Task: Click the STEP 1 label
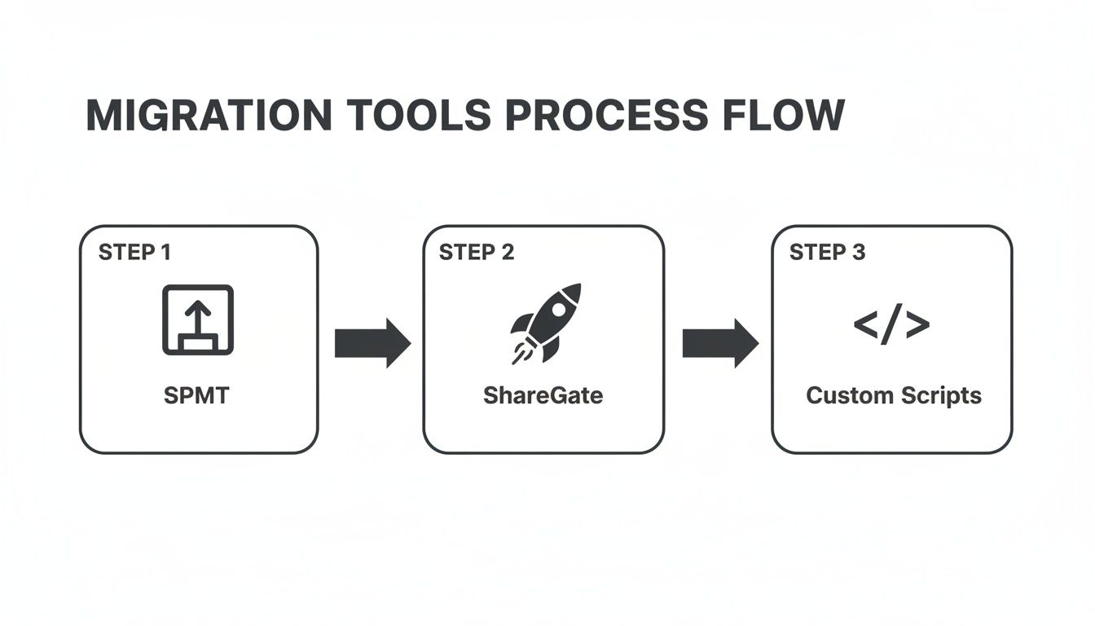pos(134,253)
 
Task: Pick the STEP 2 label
pos(477,253)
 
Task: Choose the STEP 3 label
pos(827,253)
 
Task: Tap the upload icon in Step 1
pos(198,320)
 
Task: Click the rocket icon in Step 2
pos(545,323)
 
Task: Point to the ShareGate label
pos(543,396)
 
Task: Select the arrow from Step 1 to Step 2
pos(372,343)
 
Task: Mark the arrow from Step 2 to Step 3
pos(719,343)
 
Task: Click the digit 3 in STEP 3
pos(859,253)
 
